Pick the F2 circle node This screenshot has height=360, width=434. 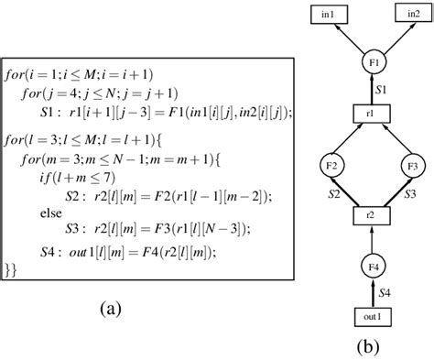point(333,167)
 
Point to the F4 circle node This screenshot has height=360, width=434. point(371,267)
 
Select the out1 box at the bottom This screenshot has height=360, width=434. point(371,316)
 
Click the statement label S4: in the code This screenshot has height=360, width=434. point(52,251)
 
